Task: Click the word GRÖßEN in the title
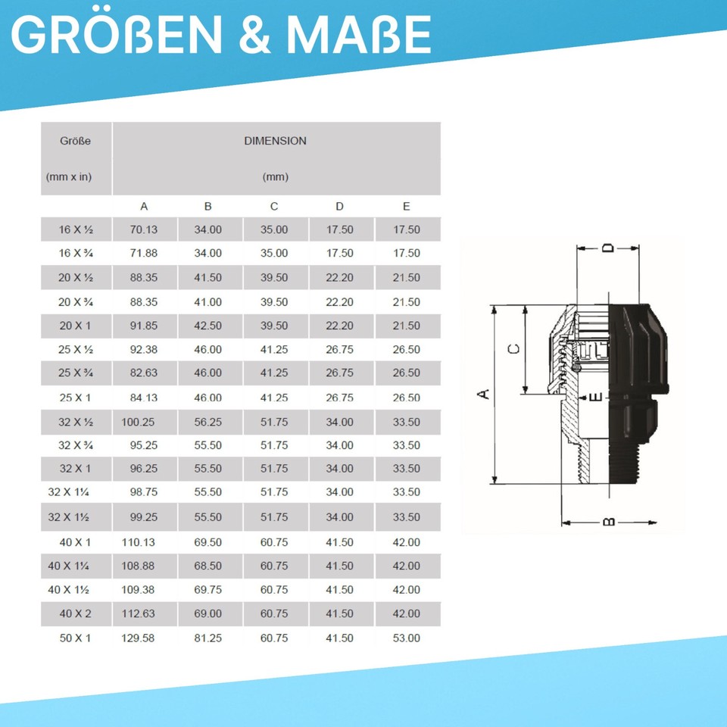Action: click(x=117, y=34)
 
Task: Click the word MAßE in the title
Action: click(x=359, y=34)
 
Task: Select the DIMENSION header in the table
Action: click(x=276, y=141)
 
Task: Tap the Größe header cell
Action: click(x=75, y=141)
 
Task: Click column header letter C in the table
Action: click(x=274, y=206)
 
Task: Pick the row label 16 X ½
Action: click(x=76, y=229)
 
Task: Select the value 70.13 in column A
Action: click(x=144, y=229)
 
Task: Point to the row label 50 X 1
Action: click(x=75, y=638)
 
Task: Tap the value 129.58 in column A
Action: click(x=138, y=638)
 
